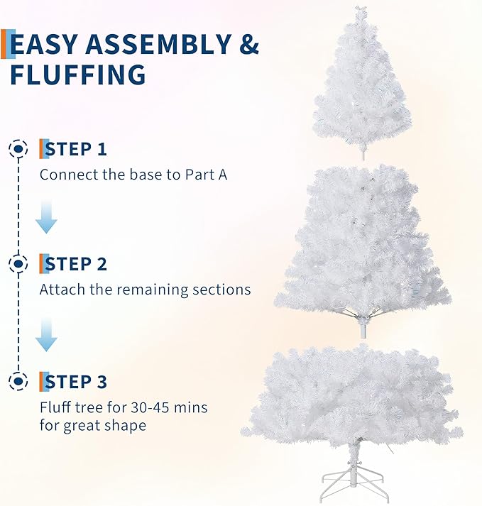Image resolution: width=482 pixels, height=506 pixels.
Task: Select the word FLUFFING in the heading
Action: tap(78, 75)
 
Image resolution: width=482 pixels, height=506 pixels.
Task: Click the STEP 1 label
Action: tap(76, 149)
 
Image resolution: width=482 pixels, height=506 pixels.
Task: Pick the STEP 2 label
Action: tap(76, 265)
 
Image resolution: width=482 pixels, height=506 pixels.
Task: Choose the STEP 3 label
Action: tap(76, 382)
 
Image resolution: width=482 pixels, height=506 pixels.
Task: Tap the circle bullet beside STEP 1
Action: tap(18, 149)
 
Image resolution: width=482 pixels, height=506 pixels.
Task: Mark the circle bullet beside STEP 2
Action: tap(18, 265)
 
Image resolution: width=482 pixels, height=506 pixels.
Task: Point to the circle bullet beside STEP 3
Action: tap(18, 382)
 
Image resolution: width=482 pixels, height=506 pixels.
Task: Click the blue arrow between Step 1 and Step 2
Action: tap(47, 216)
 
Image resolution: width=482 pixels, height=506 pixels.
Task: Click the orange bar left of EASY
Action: tap(4, 44)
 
